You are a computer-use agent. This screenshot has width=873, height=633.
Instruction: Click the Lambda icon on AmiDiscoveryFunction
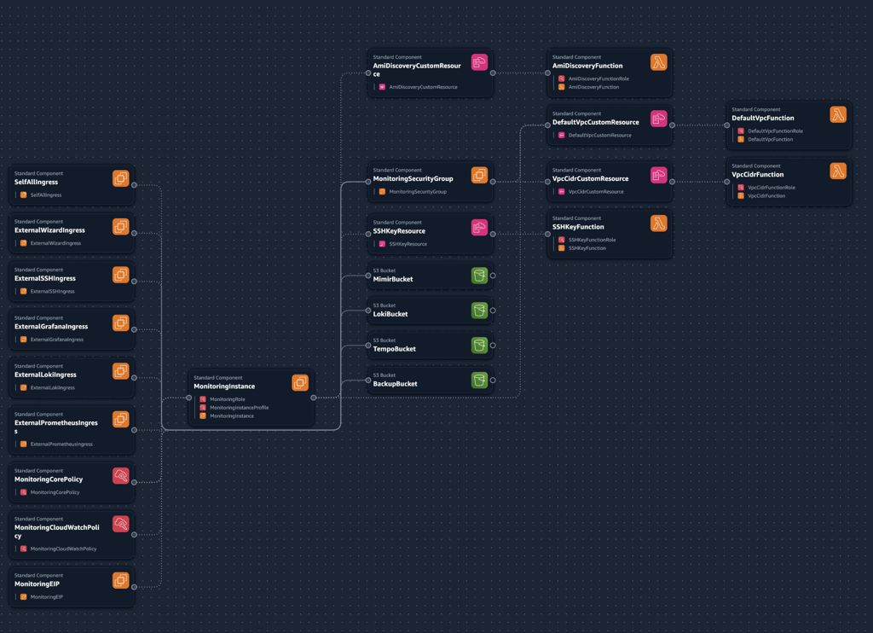point(658,62)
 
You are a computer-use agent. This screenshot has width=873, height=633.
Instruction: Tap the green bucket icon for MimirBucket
point(479,276)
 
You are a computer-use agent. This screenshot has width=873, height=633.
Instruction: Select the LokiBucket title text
point(390,314)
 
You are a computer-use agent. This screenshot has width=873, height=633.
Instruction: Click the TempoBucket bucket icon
point(479,346)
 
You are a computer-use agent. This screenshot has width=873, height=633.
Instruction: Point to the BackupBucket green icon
point(479,380)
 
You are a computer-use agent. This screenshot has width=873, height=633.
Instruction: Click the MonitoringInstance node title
point(224,386)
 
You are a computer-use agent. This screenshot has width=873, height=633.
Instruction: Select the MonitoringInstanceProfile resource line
point(239,408)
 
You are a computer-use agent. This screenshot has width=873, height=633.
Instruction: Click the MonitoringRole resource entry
point(228,399)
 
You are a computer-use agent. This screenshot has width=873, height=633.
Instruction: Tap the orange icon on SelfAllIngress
point(120,178)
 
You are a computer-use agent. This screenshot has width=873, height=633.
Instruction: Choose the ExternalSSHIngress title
point(45,278)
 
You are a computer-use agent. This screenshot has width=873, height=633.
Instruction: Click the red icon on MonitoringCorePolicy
point(120,475)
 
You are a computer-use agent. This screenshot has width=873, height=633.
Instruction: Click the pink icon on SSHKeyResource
point(479,228)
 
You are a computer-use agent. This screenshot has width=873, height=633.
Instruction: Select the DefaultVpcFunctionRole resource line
point(775,131)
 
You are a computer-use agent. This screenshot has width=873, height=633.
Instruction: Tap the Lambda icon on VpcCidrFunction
point(838,171)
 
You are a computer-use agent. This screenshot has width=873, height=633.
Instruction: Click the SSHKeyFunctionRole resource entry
point(592,240)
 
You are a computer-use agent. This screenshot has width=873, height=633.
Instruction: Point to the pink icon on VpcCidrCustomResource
point(658,175)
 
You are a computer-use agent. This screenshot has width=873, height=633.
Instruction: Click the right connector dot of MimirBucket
point(493,276)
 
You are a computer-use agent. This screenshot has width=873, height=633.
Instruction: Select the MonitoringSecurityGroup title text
point(413,179)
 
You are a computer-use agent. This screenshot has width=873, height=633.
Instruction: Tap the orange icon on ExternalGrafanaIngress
point(120,323)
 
